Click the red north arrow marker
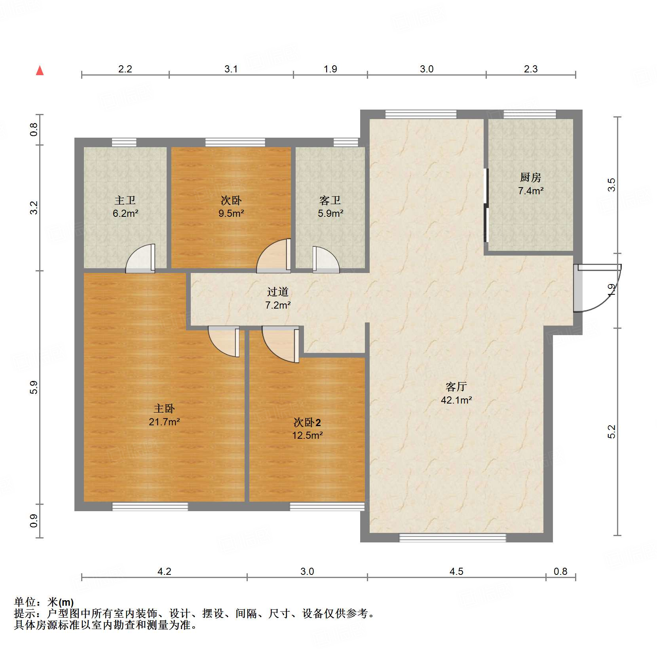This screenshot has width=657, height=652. click(x=40, y=70)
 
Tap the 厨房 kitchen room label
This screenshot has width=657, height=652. click(x=530, y=177)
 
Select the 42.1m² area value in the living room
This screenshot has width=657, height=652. click(x=456, y=400)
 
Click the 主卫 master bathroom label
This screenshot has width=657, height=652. click(x=125, y=200)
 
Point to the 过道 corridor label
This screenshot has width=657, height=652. click(x=277, y=292)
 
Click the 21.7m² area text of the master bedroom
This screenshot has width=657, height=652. click(x=164, y=422)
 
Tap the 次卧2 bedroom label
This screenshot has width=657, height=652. click(x=307, y=422)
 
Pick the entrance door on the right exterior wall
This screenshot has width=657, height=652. click(x=596, y=288)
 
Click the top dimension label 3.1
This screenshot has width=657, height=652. click(x=231, y=69)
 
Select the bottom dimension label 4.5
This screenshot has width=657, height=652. click(x=456, y=571)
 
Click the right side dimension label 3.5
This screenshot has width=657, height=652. click(x=612, y=185)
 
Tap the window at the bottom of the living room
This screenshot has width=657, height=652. click(x=452, y=537)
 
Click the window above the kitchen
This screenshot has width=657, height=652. click(x=530, y=114)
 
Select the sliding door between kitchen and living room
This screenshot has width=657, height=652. click(x=486, y=205)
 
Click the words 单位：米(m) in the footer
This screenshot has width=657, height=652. click(x=44, y=602)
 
